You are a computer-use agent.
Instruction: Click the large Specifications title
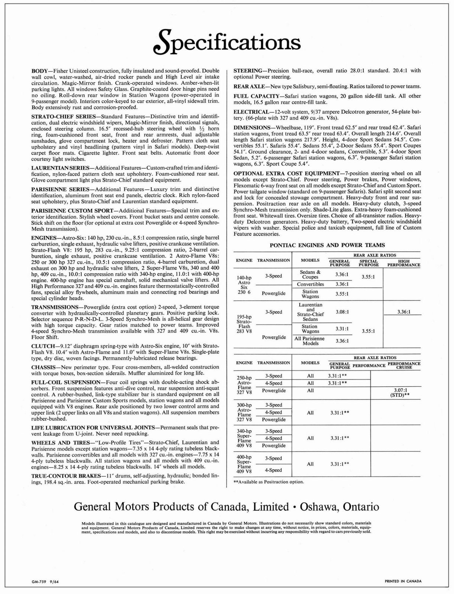click(227, 42)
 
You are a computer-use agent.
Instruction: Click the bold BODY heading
click(40, 71)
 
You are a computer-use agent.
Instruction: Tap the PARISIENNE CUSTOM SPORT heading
click(72, 210)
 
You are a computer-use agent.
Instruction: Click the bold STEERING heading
click(248, 71)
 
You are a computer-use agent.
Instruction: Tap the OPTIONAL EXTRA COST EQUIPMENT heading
click(286, 173)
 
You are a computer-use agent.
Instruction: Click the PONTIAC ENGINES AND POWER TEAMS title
click(327, 245)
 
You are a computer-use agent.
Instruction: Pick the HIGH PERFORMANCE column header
click(403, 263)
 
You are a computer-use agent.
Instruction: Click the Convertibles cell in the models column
click(310, 284)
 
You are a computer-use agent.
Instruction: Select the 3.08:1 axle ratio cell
click(342, 312)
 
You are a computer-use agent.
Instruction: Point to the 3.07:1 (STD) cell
click(400, 392)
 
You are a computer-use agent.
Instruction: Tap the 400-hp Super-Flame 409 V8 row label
click(244, 464)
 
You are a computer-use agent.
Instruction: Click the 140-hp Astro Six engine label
click(244, 285)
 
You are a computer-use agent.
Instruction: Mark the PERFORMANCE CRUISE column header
click(404, 365)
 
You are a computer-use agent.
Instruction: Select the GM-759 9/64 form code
click(45, 581)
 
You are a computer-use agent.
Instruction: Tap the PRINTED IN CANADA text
click(403, 581)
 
